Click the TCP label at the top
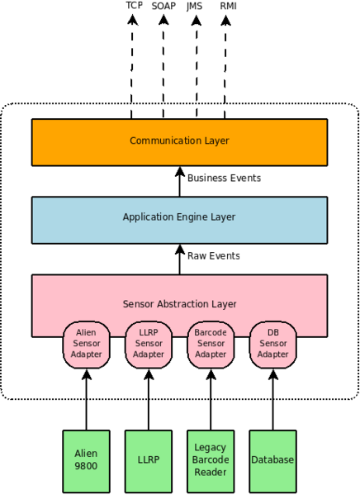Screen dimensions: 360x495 [x=135, y=5]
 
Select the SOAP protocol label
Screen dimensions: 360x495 [x=163, y=6]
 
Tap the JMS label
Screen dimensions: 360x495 [x=194, y=7]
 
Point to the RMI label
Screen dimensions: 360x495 [x=228, y=6]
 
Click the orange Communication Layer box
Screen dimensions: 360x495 [x=179, y=142]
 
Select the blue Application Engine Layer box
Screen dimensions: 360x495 [x=179, y=220]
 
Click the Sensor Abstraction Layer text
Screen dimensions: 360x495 [x=179, y=303]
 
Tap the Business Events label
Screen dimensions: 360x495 [x=224, y=178]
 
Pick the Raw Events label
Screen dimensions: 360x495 [x=214, y=255]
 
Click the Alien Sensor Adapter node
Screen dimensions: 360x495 [x=86, y=345]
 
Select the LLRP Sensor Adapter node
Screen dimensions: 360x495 [x=149, y=345]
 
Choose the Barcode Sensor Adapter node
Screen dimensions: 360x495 [x=211, y=345]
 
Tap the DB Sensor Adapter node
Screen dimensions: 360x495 [x=273, y=345]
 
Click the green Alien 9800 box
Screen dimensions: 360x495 [x=86, y=461]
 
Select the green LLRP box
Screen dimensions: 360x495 [x=149, y=461]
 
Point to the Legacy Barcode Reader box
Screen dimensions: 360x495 [x=211, y=461]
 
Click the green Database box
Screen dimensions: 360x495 [x=273, y=461]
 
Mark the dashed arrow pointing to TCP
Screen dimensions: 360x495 [x=131, y=67]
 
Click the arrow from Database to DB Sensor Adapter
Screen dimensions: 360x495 [x=273, y=400]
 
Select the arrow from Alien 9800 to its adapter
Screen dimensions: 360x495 [x=86, y=400]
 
